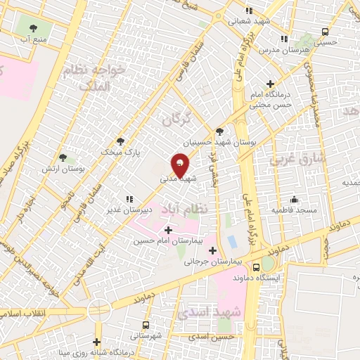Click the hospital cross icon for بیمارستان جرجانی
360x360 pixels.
[212, 250]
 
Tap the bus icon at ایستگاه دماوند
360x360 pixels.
[257, 267]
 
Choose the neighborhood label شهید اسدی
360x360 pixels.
[211, 311]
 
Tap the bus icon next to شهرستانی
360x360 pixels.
[146, 325]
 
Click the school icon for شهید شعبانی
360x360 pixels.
[248, 11]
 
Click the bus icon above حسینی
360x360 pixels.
[324, 32]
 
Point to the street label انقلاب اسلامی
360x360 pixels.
[25, 311]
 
